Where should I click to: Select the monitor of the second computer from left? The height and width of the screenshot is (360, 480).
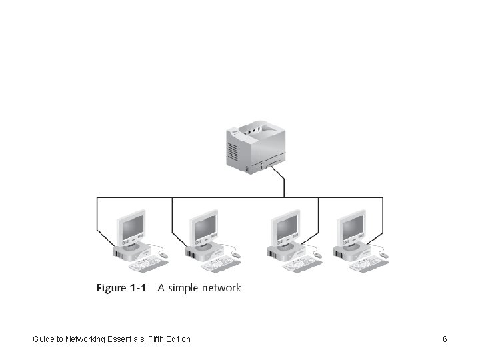coord(204,227)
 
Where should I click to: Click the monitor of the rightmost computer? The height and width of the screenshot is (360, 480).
coord(351,227)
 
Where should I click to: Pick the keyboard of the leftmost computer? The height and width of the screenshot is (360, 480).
coord(148,265)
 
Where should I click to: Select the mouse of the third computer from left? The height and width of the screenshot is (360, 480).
coord(317,255)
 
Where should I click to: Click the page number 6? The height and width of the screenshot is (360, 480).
coord(445,339)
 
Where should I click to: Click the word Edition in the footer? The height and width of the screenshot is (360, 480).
coord(177,339)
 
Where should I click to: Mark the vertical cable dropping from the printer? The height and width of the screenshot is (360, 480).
coord(285,187)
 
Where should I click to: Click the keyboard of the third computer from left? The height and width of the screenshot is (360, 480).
coord(301,265)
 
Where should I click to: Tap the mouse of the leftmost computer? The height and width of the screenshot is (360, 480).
coord(164,255)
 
